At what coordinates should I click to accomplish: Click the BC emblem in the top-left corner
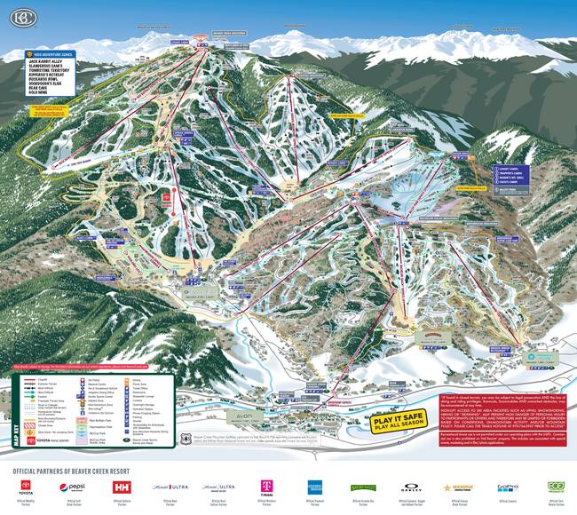[16, 17]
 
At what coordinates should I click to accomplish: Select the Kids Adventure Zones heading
[55, 54]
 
